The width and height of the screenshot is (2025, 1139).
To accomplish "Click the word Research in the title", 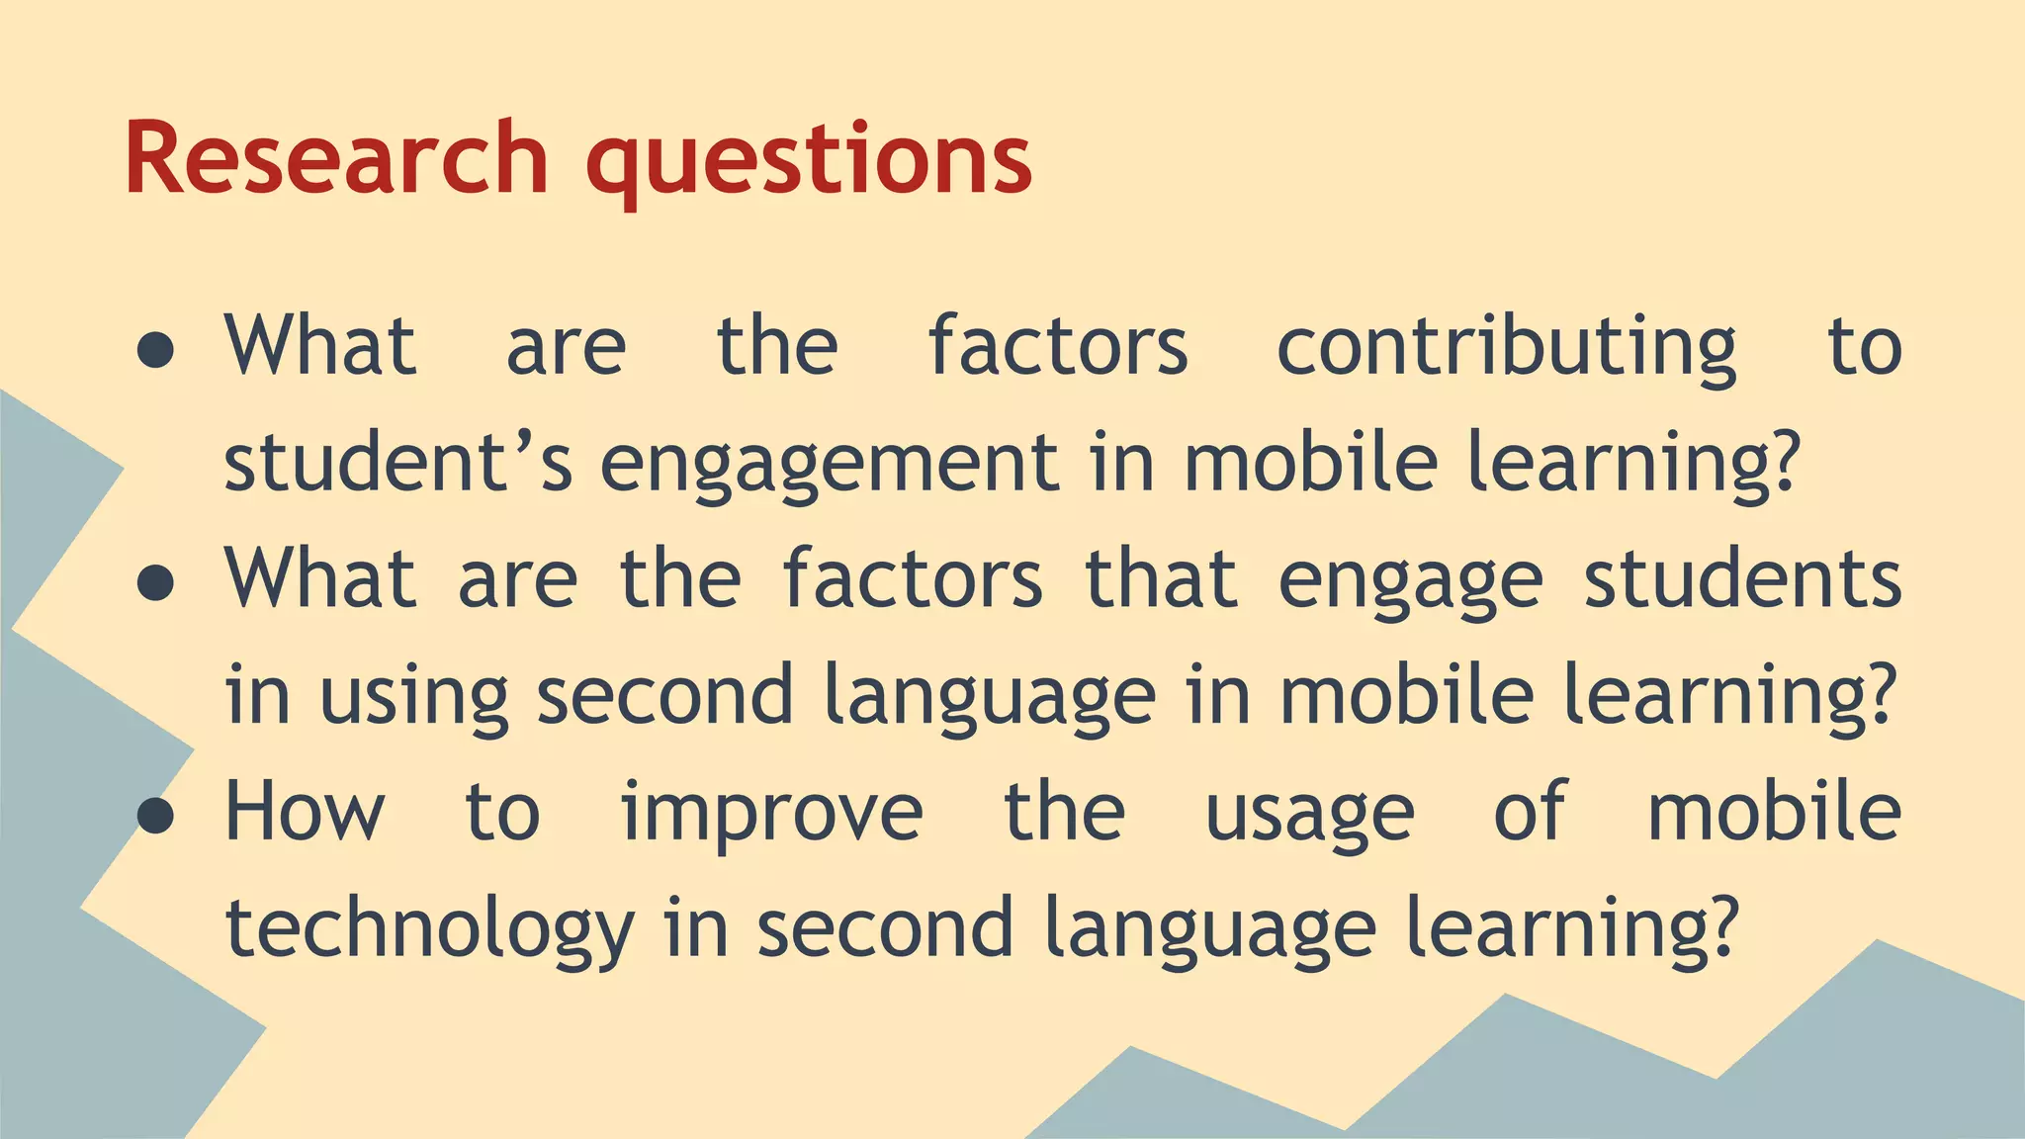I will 336,158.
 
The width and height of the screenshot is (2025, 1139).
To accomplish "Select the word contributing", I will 1506,348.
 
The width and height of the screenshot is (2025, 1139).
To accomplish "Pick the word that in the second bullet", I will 1161,579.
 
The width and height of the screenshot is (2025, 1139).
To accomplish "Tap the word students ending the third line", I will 1742,579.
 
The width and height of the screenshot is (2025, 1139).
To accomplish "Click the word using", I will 413,698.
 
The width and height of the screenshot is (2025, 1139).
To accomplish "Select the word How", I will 305,812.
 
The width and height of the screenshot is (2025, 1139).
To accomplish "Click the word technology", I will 429,929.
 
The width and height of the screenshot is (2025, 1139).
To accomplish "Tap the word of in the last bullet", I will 1530,812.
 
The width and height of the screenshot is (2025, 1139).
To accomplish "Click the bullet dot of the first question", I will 156,350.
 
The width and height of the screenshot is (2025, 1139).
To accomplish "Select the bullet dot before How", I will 156,816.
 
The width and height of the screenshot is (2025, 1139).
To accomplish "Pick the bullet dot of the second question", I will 156,583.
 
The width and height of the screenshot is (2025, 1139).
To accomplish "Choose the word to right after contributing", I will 1864,348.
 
